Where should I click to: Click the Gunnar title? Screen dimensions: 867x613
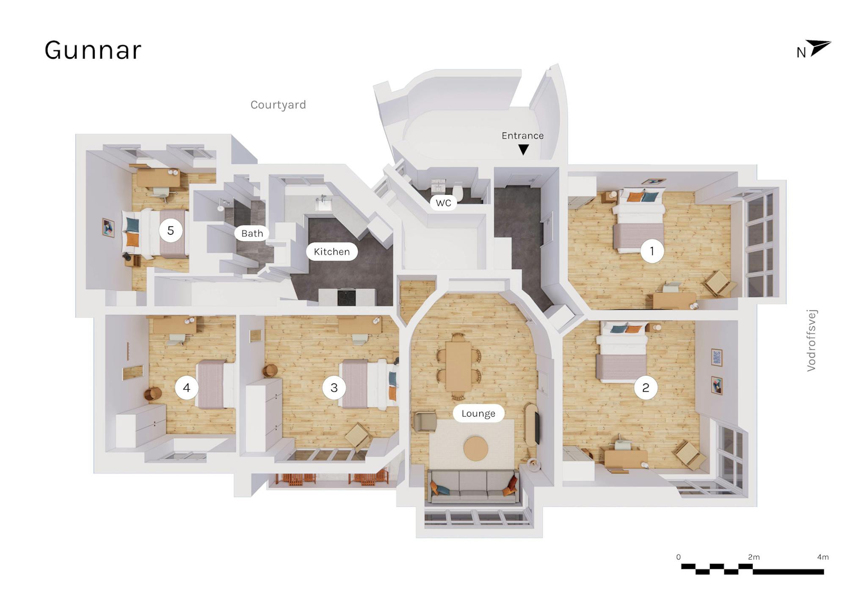pos(93,51)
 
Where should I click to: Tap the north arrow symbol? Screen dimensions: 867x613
pos(818,48)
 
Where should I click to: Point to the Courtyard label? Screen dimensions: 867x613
pos(278,105)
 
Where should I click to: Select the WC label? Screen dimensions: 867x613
pos(444,203)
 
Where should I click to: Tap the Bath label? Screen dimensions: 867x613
pos(252,234)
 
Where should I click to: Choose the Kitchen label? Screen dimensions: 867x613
pos(332,252)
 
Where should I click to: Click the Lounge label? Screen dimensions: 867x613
pos(478,413)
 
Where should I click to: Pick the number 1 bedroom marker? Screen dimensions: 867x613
pos(652,251)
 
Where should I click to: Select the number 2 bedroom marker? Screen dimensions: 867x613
pos(646,388)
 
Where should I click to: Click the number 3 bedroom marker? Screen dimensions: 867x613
pos(334,388)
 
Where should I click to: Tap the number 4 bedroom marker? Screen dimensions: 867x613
pos(187,388)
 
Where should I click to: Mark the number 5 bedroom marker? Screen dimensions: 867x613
pos(171,231)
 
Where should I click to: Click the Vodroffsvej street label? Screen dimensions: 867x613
pos(812,341)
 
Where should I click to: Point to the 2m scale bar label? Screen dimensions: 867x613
pos(754,557)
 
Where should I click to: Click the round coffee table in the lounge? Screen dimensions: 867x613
pos(476,448)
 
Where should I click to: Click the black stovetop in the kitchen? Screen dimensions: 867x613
pos(348,297)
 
